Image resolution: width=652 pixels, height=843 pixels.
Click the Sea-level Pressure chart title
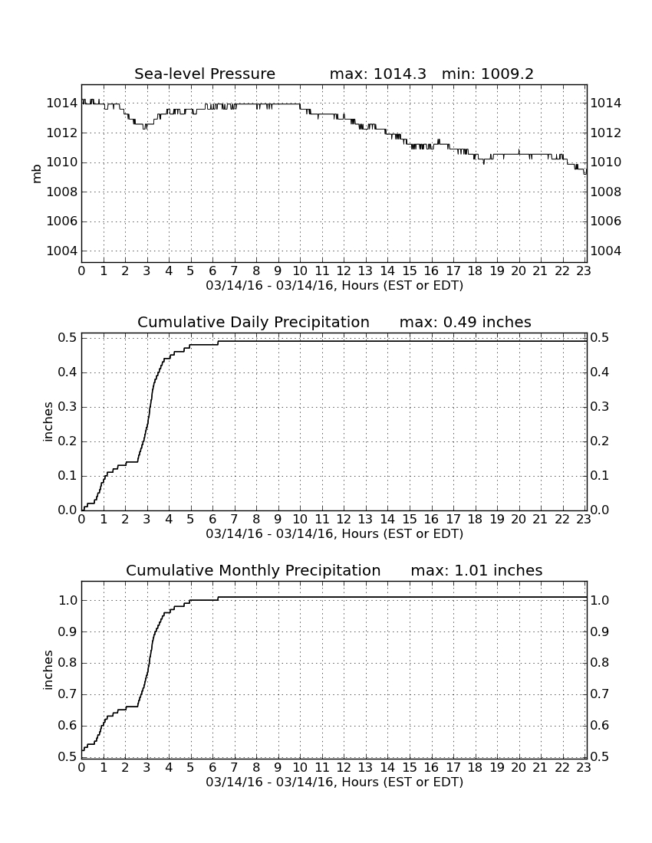click(205, 74)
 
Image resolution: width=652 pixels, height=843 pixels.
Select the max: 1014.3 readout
click(377, 74)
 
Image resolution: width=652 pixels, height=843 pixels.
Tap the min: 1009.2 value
click(487, 74)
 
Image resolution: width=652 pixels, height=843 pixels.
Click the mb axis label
click(37, 174)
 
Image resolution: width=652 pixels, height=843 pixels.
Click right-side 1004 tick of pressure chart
click(606, 251)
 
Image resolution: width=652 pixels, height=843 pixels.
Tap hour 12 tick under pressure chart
click(344, 271)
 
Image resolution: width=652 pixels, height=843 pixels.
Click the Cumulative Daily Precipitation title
click(253, 322)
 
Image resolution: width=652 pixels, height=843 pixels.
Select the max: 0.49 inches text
click(466, 322)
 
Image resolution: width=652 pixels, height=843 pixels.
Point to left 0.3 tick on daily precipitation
click(68, 407)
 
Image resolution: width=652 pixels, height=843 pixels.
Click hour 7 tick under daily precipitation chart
click(234, 520)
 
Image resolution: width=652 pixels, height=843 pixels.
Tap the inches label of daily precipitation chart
click(48, 422)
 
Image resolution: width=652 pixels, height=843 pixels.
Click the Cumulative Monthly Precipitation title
click(253, 570)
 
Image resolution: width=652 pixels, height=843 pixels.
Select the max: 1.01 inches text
click(476, 570)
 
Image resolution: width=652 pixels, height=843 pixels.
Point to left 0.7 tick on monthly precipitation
click(68, 694)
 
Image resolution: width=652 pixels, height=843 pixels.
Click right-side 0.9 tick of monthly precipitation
click(600, 631)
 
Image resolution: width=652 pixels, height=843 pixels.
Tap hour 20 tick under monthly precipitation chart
click(519, 768)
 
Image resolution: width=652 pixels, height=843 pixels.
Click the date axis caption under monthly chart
click(334, 782)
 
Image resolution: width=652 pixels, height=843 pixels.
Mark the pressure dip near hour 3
click(145, 127)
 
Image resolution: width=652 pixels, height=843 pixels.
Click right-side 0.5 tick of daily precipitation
click(600, 338)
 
